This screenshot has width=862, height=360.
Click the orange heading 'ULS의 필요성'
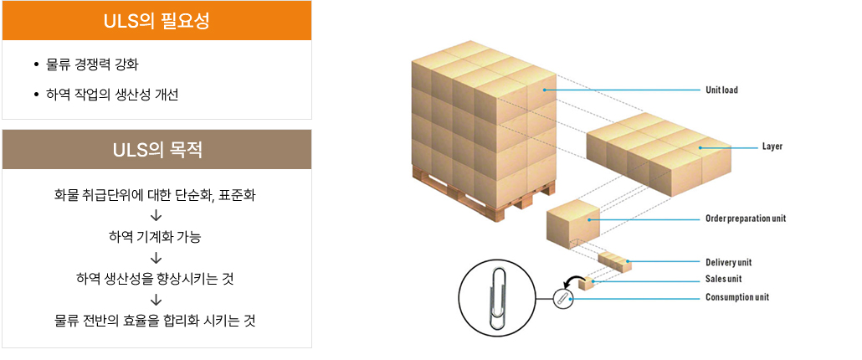(156, 20)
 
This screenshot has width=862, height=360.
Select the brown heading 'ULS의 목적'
(156, 151)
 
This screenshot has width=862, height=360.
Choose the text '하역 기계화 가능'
(155, 237)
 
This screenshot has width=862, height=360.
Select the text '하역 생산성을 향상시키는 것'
(155, 278)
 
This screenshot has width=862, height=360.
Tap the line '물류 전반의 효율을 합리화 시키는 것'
(155, 319)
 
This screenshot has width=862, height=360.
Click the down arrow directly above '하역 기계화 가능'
(155, 217)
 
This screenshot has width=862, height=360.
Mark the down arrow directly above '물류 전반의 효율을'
(155, 299)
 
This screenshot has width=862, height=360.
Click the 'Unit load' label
(721, 90)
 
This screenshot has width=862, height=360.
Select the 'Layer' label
(772, 147)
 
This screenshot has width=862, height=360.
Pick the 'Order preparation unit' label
(746, 219)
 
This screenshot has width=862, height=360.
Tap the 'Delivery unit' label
(728, 262)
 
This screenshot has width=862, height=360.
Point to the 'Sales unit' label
(723, 279)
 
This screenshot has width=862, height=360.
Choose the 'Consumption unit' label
(736, 297)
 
